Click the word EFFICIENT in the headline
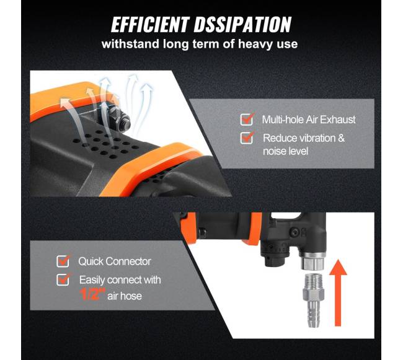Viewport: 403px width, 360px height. point(151,25)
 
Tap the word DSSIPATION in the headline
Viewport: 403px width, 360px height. point(242,25)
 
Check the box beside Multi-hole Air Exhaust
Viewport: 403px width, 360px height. point(247,120)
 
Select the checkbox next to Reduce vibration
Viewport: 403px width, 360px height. point(247,138)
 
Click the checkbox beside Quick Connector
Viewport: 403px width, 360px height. point(63,261)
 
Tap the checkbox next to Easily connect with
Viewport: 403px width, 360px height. point(63,279)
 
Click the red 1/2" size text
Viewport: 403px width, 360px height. point(92,294)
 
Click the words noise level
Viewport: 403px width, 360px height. point(285,151)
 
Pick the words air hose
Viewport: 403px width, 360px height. point(125,296)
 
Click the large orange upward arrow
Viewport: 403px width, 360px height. point(338,292)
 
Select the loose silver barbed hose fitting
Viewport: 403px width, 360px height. point(313,301)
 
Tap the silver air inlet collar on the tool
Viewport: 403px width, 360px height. point(312,261)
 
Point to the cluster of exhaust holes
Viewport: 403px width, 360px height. point(105,144)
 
